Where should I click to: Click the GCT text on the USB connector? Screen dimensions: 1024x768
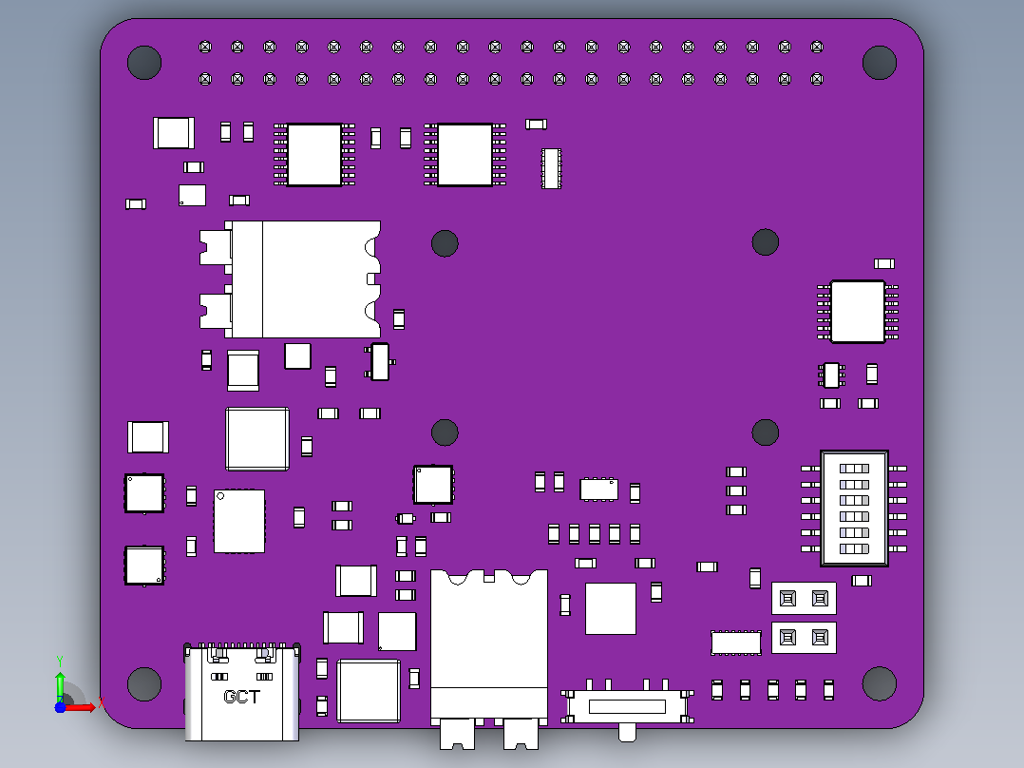[241, 697]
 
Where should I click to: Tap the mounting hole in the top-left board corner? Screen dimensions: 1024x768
[144, 63]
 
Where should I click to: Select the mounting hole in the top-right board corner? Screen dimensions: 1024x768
[879, 63]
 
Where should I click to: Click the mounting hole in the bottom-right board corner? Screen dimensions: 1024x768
[879, 683]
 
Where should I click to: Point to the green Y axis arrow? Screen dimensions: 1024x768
[60, 684]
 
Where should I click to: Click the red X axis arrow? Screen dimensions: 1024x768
[80, 707]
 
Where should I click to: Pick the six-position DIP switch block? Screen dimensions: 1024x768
[854, 508]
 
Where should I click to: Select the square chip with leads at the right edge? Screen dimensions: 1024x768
[858, 311]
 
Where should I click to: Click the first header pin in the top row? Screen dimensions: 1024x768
[205, 48]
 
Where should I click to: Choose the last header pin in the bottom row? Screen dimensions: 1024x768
[816, 79]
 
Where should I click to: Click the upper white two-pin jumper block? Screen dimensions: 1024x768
[804, 598]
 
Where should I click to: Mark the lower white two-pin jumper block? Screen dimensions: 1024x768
[804, 637]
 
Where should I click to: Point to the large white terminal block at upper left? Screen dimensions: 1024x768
[291, 279]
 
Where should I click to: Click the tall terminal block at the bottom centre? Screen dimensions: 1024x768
[489, 657]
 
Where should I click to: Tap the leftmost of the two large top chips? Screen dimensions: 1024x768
[314, 155]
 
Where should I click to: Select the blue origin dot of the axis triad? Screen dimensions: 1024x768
[60, 707]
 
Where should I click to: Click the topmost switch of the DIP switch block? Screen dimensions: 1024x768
[854, 468]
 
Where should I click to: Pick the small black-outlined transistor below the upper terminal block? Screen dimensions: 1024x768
[379, 361]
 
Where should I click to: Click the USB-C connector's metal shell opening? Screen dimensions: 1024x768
[241, 692]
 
